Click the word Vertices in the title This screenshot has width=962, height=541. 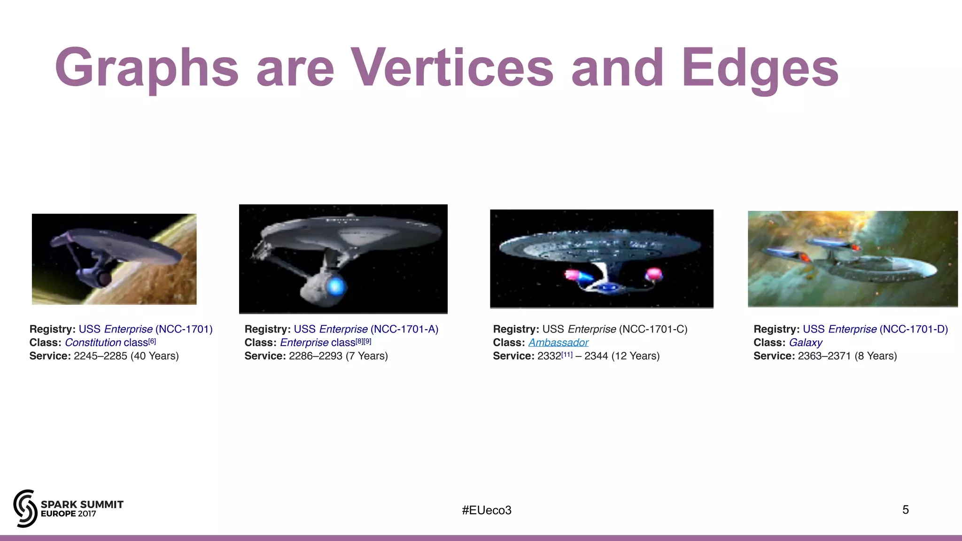coord(452,68)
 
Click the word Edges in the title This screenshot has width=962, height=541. coord(760,68)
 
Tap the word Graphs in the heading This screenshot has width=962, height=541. coord(147,68)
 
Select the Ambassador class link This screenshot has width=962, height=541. coord(558,343)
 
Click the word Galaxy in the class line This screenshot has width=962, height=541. coord(806,343)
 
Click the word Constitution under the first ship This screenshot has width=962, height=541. coord(93,343)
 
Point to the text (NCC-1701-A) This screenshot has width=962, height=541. coord(404,329)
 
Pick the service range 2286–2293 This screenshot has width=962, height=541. coord(315,356)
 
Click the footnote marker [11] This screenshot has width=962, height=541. coord(567,355)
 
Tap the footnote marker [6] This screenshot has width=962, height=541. coord(152,341)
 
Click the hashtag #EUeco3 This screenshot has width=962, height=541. coord(486,510)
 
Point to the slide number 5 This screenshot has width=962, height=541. coord(905,510)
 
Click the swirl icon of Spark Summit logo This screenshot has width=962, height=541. coord(25,509)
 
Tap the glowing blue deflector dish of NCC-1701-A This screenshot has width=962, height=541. coord(336,286)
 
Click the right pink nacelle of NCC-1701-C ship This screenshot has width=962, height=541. coord(654,274)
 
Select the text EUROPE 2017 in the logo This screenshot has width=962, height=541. coord(69,514)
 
